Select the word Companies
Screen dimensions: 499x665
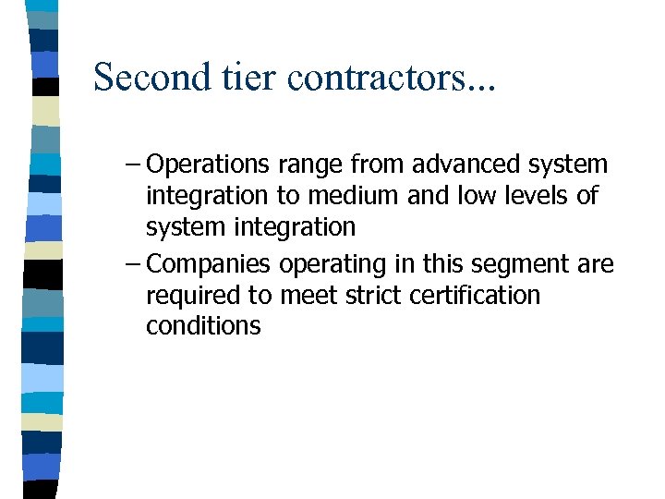pos(208,265)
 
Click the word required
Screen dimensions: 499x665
pos(191,296)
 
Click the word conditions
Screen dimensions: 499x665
pos(203,326)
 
